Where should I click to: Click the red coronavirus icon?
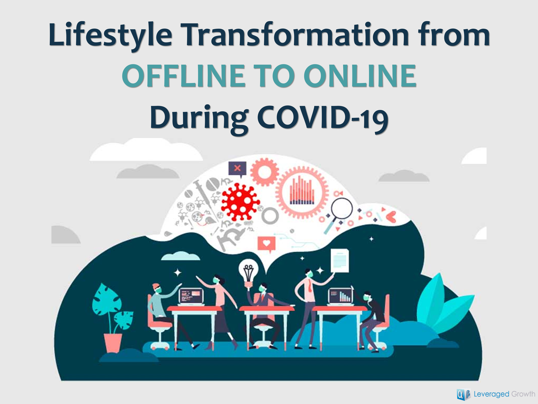240,202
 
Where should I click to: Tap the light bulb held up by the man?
248,272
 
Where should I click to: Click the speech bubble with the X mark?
237,169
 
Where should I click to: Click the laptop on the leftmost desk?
191,297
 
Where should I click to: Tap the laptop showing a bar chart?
341,297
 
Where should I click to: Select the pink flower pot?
113,343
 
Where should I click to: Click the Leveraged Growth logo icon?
463,395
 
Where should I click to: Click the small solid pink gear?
265,172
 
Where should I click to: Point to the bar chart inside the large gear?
302,191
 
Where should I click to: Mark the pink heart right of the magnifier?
391,216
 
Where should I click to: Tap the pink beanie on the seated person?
156,286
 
